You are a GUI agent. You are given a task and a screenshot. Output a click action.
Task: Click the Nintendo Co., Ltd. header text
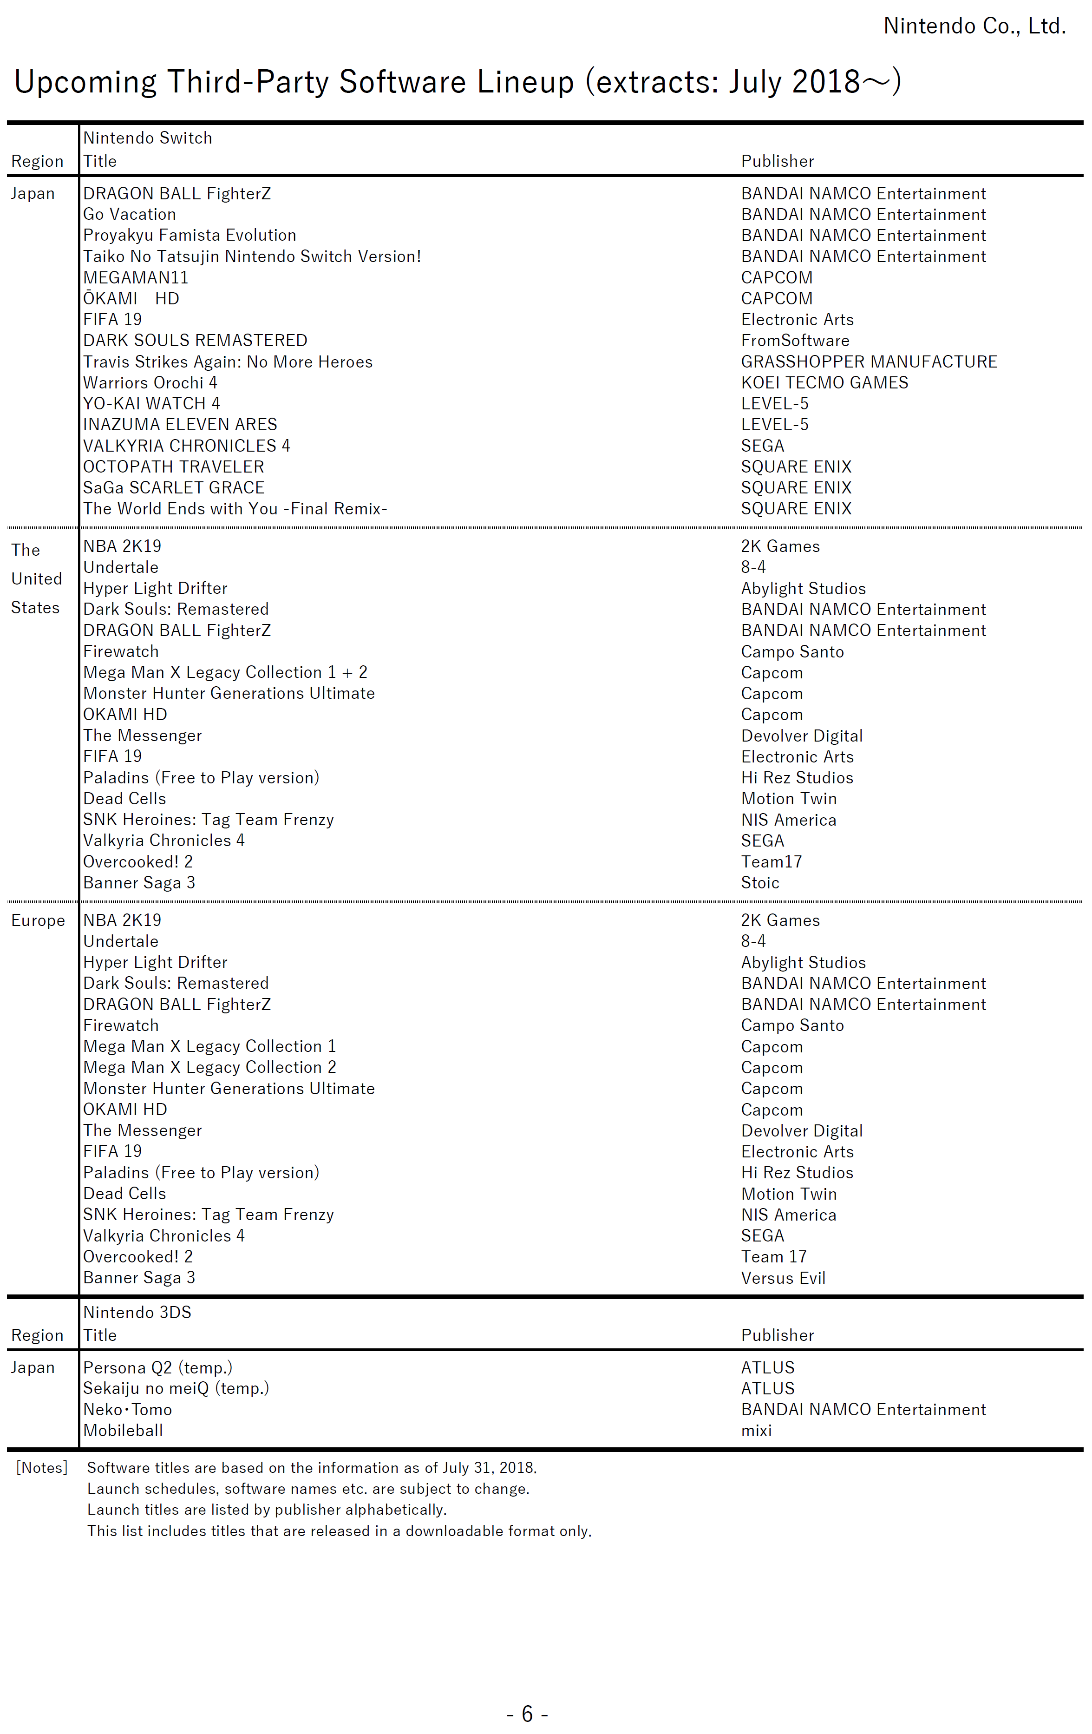click(974, 26)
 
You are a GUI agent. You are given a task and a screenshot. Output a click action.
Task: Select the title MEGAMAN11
click(135, 278)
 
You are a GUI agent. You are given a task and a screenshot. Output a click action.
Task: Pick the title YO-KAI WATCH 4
click(151, 403)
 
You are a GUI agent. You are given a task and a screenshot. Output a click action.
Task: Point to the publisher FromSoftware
click(795, 341)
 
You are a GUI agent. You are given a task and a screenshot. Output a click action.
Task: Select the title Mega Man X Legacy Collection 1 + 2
click(225, 673)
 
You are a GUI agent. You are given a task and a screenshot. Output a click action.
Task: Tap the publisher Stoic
click(760, 883)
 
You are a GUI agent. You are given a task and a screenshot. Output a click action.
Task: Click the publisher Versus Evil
click(783, 1278)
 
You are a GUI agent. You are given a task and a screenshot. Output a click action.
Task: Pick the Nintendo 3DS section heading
click(137, 1312)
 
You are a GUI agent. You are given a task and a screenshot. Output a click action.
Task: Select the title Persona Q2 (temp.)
click(157, 1367)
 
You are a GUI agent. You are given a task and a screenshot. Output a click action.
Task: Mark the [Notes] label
click(42, 1468)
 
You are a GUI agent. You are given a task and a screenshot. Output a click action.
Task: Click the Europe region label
click(38, 920)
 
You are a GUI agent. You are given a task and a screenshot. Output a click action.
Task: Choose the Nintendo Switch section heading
click(148, 138)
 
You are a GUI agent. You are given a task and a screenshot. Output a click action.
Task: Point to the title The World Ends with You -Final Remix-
click(235, 509)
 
